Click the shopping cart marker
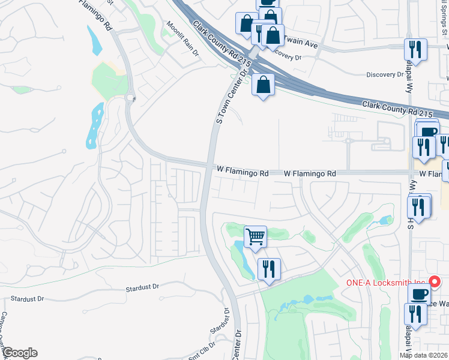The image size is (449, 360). [x=256, y=237]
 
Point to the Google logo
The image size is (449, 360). [x=19, y=353]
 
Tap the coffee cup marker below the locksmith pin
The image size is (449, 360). [x=418, y=294]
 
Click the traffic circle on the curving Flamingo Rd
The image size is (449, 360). [x=130, y=97]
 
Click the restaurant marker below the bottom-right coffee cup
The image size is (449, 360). [x=414, y=314]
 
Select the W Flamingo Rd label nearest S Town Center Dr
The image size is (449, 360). [x=243, y=173]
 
